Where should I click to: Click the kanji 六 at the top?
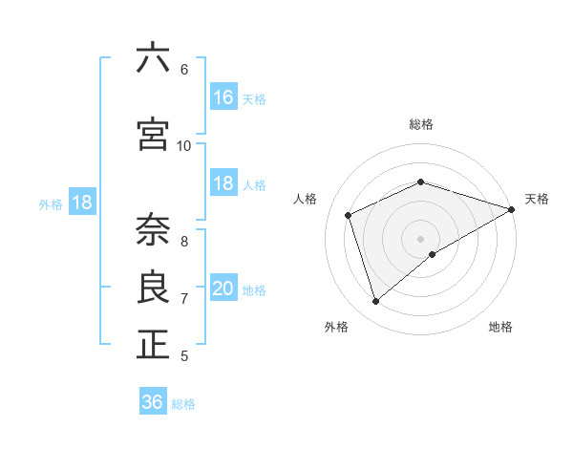[x=153, y=58]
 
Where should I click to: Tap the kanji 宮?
[x=153, y=134]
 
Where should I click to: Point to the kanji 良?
[x=153, y=288]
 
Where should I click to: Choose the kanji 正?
[x=153, y=345]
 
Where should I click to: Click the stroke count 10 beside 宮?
[x=184, y=145]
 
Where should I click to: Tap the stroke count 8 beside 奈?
[x=184, y=241]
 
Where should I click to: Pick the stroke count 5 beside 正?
[x=184, y=356]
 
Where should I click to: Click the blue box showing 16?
[x=223, y=97]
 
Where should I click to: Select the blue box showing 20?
[x=223, y=289]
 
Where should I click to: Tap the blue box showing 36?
[x=153, y=402]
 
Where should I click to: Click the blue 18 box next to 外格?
[x=81, y=203]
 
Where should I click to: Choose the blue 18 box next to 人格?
[x=223, y=183]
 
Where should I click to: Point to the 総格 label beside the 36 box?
[x=184, y=404]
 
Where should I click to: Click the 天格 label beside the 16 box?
[x=254, y=99]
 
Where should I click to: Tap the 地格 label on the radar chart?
[x=500, y=327]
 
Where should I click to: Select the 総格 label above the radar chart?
[x=420, y=124]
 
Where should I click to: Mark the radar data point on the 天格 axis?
[x=512, y=209]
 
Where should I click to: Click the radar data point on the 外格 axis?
[x=376, y=302]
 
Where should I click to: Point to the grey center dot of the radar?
[x=420, y=238]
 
